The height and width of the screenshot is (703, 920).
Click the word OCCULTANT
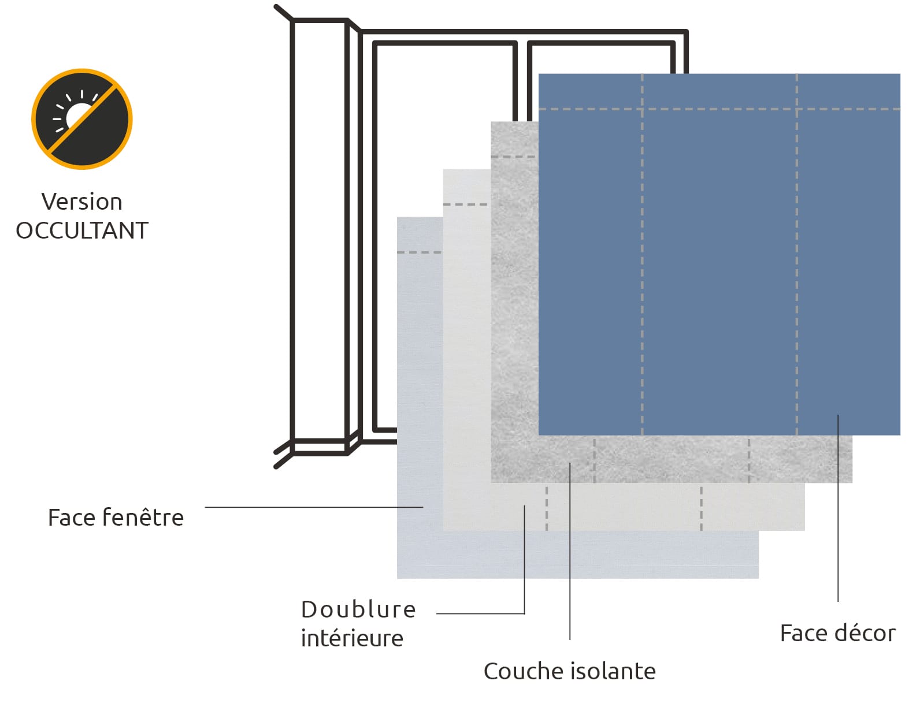(82, 231)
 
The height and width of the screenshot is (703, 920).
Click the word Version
(82, 202)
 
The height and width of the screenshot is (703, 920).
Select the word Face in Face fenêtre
(72, 518)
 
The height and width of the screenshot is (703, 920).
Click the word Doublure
(358, 610)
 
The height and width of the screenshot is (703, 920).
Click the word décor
(864, 633)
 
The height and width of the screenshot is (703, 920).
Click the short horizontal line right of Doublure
(480, 613)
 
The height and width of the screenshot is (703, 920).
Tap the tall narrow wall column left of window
(320, 231)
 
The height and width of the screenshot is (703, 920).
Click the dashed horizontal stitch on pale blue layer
(420, 252)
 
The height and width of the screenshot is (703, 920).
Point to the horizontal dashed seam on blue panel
(719, 109)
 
